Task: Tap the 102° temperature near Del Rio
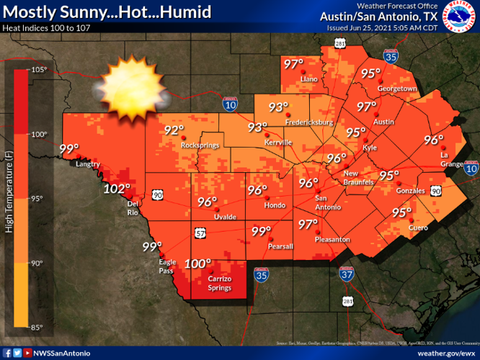click(116, 189)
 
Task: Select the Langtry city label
click(87, 164)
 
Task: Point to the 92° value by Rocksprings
click(174, 130)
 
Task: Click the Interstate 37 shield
click(347, 274)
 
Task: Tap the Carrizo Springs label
click(215, 283)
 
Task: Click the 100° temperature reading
click(198, 264)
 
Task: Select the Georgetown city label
click(398, 89)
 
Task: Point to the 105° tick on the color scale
click(39, 70)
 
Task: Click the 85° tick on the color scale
click(39, 328)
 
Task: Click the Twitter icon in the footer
click(17, 353)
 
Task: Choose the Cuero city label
click(409, 228)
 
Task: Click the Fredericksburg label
click(308, 122)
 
